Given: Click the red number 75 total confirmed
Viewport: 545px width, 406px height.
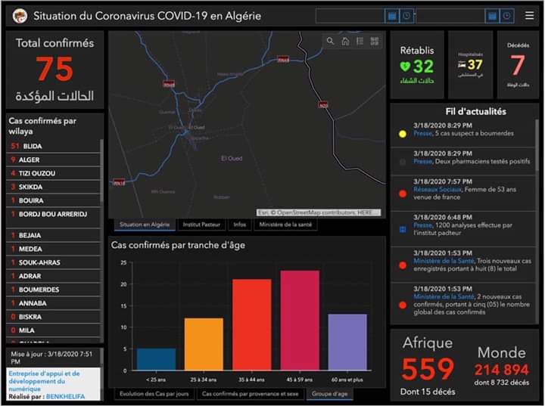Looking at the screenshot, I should (54, 70).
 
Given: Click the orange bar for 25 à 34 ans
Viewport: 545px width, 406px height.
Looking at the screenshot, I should (204, 344).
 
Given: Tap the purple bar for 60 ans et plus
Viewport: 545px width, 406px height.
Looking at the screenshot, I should (347, 342).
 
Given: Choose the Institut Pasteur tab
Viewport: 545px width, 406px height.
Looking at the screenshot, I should (202, 225).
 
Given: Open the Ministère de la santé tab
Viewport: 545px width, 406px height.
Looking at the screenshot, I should (286, 225).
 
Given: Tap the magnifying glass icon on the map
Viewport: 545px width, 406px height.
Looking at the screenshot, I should (330, 42).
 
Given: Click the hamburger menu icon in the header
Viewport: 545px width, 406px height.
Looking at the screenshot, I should (528, 15).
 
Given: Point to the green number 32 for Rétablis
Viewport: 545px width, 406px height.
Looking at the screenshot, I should (423, 67).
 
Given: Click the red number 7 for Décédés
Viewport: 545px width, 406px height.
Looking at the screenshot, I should (517, 65).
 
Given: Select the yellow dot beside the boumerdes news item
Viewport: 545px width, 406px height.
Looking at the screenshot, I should (402, 134).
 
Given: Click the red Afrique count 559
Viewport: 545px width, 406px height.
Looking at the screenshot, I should (428, 369).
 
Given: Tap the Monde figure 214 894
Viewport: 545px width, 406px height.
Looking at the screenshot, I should (501, 370).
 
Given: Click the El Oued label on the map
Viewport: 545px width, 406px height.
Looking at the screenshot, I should (230, 158).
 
